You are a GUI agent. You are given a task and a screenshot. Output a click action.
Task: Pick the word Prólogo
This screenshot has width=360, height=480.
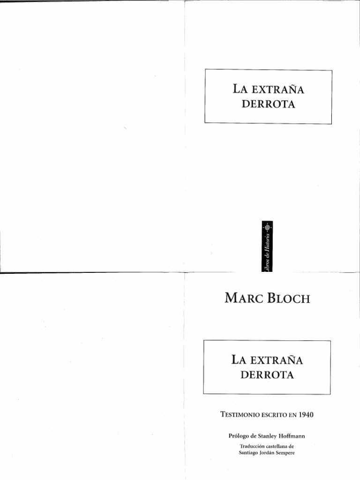click(x=240, y=435)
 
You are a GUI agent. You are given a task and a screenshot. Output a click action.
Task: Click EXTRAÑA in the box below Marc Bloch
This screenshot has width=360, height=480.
click(x=276, y=360)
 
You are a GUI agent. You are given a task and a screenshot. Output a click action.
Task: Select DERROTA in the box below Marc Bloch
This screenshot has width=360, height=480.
click(x=267, y=375)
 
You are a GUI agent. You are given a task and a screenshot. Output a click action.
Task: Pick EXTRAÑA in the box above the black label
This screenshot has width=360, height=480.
click(x=277, y=89)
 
